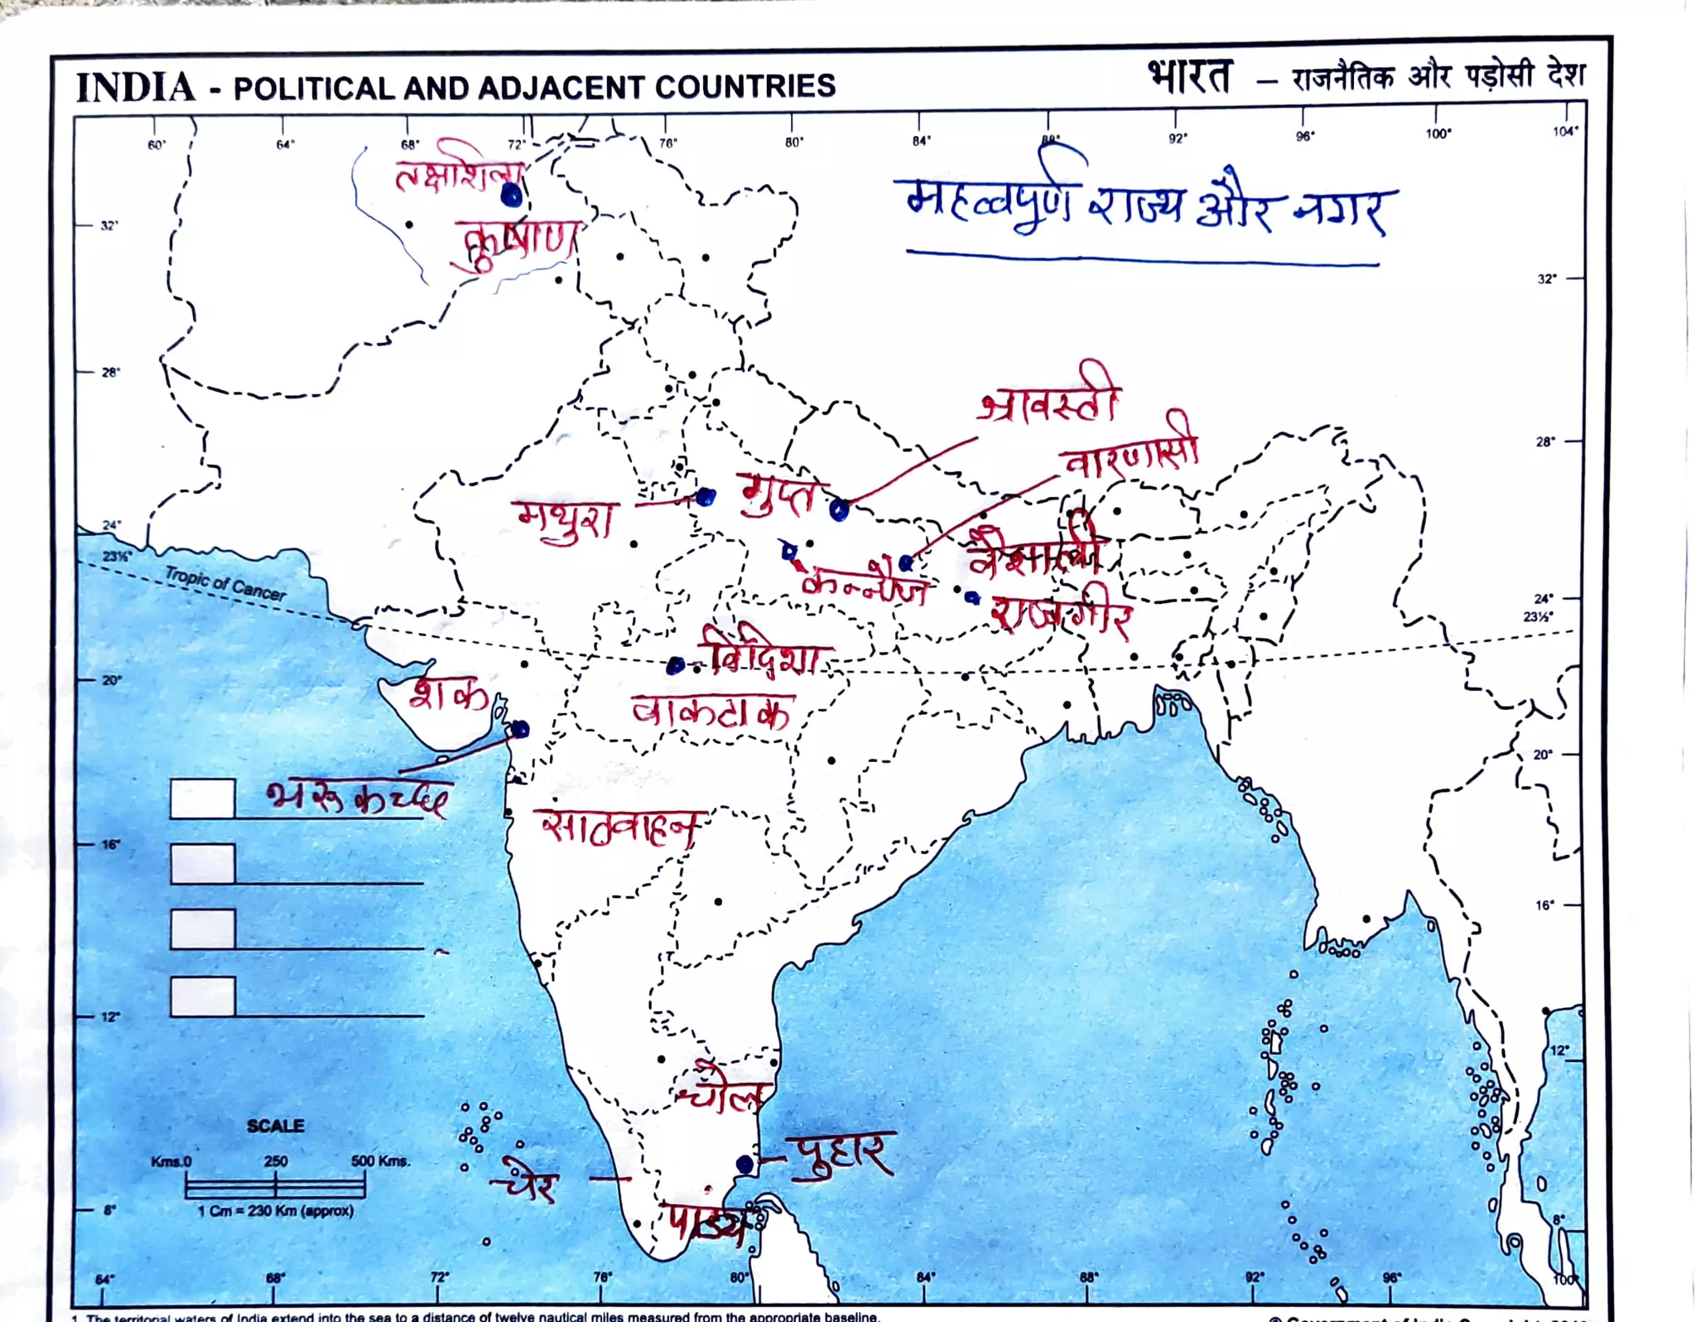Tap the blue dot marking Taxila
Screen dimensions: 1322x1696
point(512,195)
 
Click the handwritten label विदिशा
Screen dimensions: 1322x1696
point(764,653)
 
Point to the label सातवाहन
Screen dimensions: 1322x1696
point(619,825)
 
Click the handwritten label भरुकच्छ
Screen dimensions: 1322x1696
point(358,797)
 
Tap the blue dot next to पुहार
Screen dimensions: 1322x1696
point(744,1164)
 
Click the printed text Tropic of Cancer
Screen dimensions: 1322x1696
point(224,583)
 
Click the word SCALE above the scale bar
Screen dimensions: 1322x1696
point(275,1126)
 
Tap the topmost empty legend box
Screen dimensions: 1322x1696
point(202,799)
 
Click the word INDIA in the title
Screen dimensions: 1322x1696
point(136,88)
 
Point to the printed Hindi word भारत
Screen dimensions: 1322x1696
point(1190,77)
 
